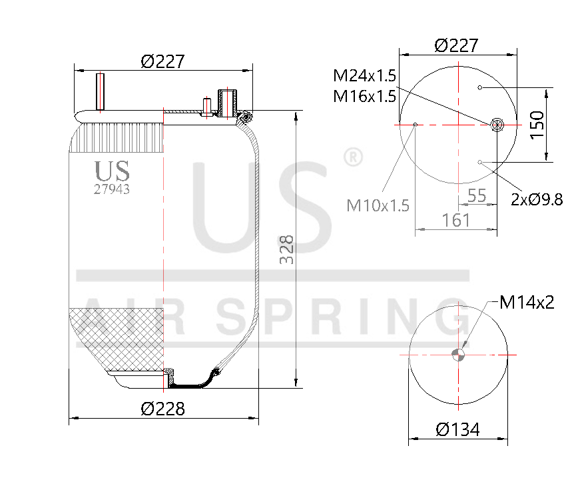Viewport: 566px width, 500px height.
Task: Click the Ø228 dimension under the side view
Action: point(162,409)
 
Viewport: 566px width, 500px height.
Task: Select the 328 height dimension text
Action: point(286,249)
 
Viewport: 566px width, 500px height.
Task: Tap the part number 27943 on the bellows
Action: point(111,189)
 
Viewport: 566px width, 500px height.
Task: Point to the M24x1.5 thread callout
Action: point(364,75)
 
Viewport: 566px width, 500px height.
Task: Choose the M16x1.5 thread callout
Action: point(364,96)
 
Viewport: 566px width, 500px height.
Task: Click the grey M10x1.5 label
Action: point(378,205)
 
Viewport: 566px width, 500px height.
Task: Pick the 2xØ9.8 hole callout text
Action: point(537,199)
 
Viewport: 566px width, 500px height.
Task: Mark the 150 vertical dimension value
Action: point(537,125)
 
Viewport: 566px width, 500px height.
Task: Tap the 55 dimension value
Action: point(477,196)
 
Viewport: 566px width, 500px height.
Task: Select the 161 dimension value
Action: point(456,220)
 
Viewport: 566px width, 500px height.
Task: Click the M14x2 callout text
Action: point(527,303)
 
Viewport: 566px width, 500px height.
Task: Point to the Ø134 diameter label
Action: point(457,429)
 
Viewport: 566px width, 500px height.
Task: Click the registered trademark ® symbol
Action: point(352,157)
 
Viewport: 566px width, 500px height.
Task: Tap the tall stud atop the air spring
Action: point(101,91)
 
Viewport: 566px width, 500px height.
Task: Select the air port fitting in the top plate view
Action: point(497,124)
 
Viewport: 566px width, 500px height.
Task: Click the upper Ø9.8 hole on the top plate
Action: point(479,87)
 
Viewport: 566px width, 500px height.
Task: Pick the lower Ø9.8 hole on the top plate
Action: point(479,161)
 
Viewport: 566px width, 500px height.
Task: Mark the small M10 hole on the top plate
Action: point(416,124)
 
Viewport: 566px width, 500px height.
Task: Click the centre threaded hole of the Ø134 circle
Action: point(458,355)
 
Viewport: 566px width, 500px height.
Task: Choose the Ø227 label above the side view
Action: point(162,61)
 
